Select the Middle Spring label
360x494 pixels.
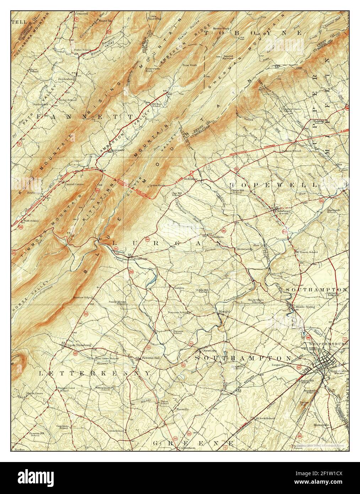305,306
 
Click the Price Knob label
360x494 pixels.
189,65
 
